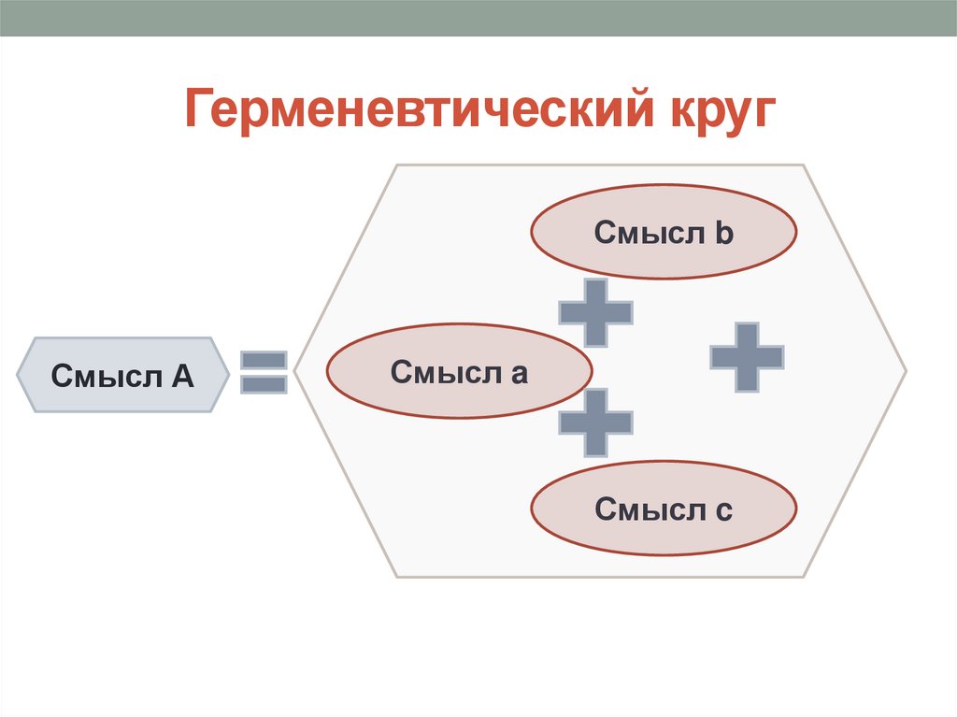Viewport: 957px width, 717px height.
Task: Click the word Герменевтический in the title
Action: coord(416,109)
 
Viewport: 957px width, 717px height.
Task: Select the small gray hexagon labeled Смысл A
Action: coord(121,375)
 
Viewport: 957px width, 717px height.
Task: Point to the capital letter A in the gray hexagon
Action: coord(182,376)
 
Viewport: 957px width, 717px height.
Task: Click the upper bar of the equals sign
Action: coord(264,360)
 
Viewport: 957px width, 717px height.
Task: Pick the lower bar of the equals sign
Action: coord(264,383)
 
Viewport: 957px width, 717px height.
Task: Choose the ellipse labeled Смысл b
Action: coord(664,232)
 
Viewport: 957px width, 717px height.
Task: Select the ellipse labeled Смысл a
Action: coord(459,372)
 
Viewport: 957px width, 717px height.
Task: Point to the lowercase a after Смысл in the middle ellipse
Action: coord(519,374)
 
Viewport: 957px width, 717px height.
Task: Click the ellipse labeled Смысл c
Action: coord(664,509)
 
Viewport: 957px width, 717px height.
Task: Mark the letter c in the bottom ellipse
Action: coord(724,511)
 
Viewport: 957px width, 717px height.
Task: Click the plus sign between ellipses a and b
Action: coord(595,311)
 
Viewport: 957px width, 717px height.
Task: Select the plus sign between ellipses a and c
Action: coord(595,423)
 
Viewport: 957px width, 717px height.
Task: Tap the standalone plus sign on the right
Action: coord(746,356)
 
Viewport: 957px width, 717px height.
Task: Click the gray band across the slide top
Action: coord(478,18)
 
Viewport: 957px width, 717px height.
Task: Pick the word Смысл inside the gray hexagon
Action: coord(104,376)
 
